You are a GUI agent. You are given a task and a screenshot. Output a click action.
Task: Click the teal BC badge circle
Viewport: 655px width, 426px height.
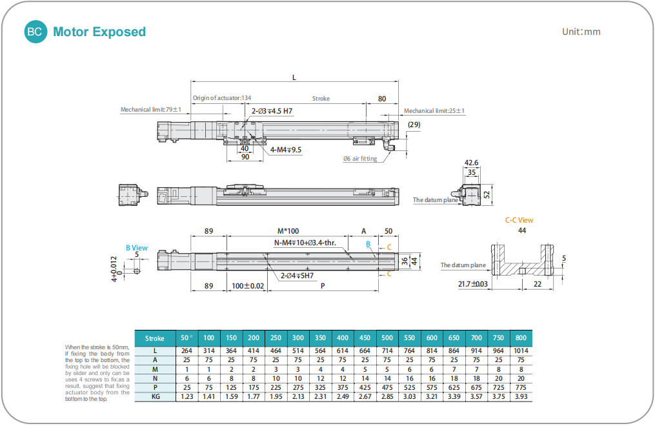coord(36,32)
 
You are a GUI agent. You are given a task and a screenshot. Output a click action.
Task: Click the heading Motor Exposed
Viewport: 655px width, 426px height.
coord(99,32)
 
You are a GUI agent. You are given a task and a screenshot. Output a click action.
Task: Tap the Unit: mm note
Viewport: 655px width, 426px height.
coord(581,32)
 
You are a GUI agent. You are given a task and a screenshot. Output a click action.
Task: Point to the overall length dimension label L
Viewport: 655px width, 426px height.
coord(294,77)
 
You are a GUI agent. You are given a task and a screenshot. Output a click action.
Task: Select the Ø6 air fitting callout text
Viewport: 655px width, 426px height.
coord(360,159)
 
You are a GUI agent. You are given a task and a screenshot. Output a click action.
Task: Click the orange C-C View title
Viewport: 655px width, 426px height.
coord(519,220)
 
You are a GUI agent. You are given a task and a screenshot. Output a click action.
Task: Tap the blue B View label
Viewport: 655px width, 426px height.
coord(137,248)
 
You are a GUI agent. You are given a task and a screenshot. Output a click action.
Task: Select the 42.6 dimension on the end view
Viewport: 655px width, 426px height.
coord(472,163)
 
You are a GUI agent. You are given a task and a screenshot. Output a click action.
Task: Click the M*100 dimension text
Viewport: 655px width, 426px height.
coord(288,231)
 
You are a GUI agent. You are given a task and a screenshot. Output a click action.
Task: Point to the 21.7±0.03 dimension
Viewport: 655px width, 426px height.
coord(473,284)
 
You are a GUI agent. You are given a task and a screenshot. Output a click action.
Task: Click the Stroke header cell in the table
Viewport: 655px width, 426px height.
coord(155,338)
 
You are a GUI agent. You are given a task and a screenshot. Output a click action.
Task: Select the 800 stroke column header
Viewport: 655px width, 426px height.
coord(521,338)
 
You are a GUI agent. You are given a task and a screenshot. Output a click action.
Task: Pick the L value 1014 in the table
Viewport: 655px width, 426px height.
coord(521,350)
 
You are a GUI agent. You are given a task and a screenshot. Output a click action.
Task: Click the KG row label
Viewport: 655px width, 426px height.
coord(155,396)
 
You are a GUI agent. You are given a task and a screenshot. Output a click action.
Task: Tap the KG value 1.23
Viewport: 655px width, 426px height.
coord(186,396)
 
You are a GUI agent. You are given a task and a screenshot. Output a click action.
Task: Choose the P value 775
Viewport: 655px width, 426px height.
coord(521,387)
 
